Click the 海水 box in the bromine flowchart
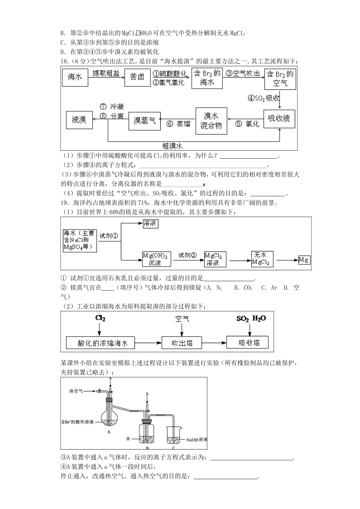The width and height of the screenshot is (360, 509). (75, 77)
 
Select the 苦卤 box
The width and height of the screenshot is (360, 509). (137, 77)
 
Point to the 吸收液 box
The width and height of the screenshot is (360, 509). (279, 119)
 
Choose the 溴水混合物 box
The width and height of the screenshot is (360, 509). (211, 121)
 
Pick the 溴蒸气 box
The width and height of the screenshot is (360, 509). (145, 121)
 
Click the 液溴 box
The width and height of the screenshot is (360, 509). (79, 120)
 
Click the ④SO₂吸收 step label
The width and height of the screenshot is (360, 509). (264, 98)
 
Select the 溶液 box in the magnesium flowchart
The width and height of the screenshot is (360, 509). (150, 223)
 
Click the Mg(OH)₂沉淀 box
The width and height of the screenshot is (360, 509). (157, 259)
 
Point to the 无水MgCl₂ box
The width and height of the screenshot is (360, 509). (262, 259)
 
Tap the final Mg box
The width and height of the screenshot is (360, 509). (304, 260)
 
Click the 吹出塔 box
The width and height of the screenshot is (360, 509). (182, 343)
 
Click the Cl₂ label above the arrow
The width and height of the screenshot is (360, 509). (100, 319)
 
